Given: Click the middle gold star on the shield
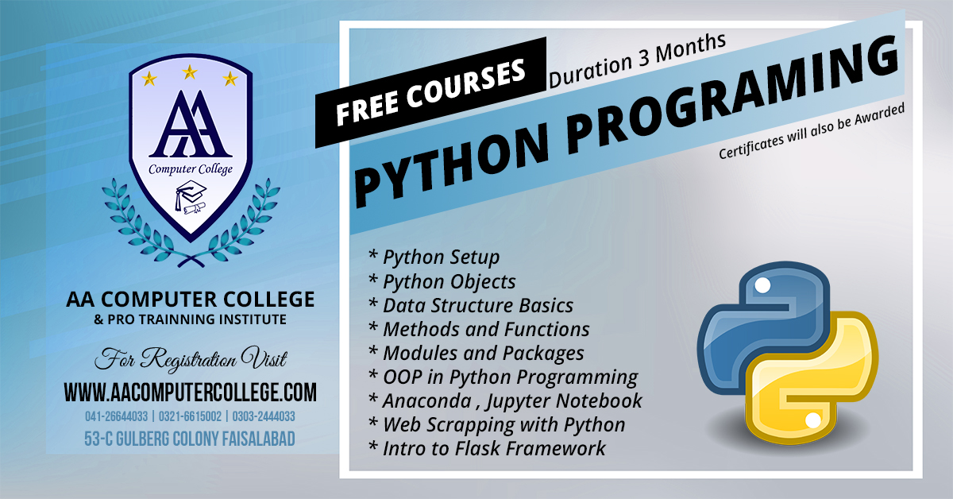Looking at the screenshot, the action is [x=190, y=72].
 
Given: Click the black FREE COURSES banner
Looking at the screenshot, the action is [x=430, y=92].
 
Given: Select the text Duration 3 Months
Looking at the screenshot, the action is [x=637, y=60].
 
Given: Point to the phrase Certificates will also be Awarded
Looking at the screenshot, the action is [x=812, y=131].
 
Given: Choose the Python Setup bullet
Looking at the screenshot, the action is [x=434, y=257].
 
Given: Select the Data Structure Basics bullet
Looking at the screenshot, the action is [x=470, y=306].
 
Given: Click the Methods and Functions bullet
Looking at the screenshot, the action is [x=479, y=330].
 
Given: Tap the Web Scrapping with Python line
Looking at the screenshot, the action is [x=497, y=425].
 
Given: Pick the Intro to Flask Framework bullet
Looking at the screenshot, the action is [x=487, y=449].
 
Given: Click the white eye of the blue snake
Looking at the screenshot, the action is [x=762, y=285].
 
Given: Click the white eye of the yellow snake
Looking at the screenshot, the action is [x=813, y=420].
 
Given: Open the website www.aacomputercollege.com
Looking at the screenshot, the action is [x=190, y=393].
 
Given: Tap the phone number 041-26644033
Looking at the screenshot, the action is [x=116, y=416].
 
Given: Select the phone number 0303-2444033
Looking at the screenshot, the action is [x=264, y=416].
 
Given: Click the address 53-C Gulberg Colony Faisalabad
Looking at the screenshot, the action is [x=190, y=439].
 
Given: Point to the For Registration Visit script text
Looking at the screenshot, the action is [x=191, y=359].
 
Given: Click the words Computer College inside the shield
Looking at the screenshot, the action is [x=191, y=169].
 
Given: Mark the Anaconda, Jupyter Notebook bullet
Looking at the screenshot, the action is [x=505, y=401].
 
